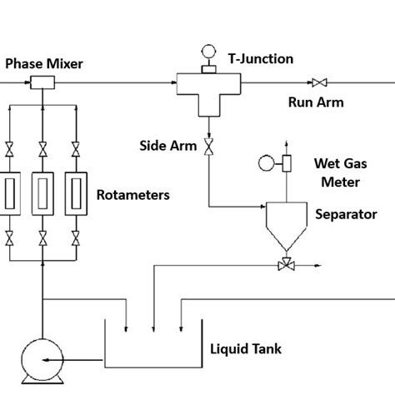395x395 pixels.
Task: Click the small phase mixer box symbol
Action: click(42, 82)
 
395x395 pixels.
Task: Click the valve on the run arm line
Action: click(318, 82)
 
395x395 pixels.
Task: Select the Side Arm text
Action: click(167, 146)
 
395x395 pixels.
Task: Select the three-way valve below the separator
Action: click(286, 264)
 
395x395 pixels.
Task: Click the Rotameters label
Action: click(133, 195)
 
